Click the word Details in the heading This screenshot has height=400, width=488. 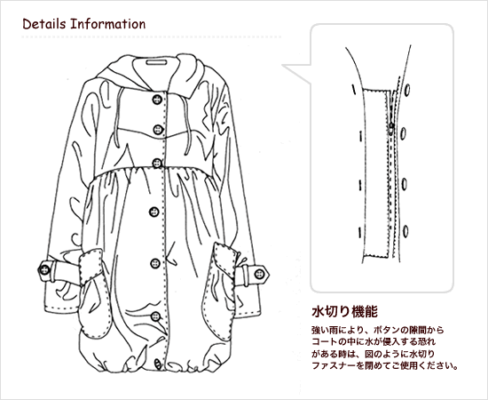tap(44, 24)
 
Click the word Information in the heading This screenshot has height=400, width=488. tap(108, 24)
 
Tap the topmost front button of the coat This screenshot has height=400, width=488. tap(157, 100)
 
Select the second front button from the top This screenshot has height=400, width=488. tap(159, 130)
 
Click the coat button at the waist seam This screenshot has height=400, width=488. tap(157, 163)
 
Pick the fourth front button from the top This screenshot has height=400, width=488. tap(153, 212)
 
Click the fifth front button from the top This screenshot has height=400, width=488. tap(155, 263)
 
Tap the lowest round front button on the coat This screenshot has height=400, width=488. tap(155, 316)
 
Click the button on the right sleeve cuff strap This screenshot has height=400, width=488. tap(259, 275)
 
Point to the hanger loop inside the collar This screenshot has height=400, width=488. tap(156, 62)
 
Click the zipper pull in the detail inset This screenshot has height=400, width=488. tap(391, 126)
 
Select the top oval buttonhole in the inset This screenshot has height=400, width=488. tap(407, 90)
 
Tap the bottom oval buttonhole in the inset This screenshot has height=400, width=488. tap(405, 231)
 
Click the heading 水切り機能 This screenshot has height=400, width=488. tap(345, 312)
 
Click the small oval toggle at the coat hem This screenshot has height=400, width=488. tap(158, 364)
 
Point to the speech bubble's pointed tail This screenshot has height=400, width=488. tap(282, 66)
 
